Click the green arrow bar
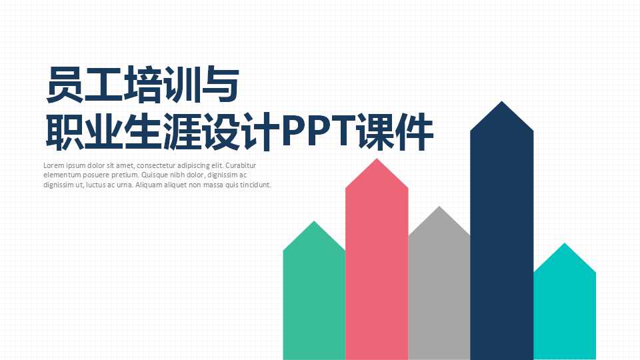click(314, 300)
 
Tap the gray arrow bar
click(439, 293)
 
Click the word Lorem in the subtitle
click(53, 165)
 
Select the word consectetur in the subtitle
click(157, 165)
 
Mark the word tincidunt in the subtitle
click(255, 185)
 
